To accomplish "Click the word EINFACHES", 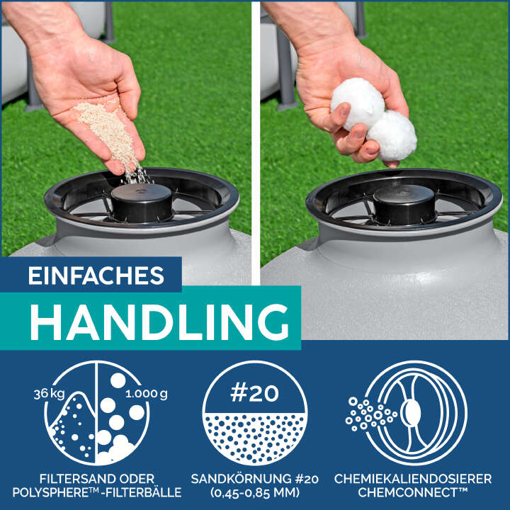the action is (x=96, y=276).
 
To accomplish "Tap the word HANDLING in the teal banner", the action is (x=159, y=322).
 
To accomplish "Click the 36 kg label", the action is (x=49, y=394).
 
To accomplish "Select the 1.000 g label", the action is (x=147, y=394).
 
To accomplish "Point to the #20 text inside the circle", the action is (x=254, y=393).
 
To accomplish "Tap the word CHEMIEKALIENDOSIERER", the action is (x=413, y=479).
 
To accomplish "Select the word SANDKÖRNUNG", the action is (x=242, y=479).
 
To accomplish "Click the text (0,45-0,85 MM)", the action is (x=255, y=492).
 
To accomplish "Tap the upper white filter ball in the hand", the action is (x=357, y=103).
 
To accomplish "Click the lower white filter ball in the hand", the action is (x=392, y=136).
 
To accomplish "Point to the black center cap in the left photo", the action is (x=142, y=202).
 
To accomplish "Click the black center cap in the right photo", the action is (x=404, y=204).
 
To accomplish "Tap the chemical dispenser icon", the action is (x=407, y=413).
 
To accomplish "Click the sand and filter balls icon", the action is (x=96, y=413).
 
